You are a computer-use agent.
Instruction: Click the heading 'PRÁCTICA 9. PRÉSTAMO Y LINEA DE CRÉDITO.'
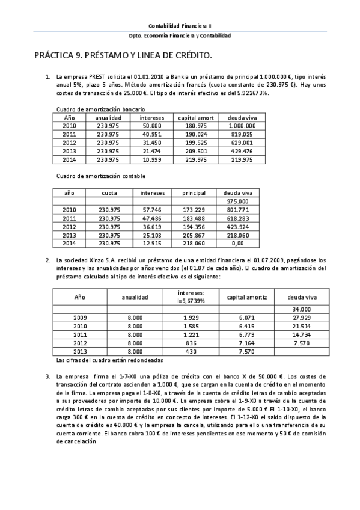click(123, 55)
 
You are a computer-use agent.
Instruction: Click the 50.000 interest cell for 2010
click(151, 126)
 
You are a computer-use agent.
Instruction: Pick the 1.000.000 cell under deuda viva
click(242, 126)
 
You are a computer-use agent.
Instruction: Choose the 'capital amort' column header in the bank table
click(197, 118)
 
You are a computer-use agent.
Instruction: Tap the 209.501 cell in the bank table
click(197, 151)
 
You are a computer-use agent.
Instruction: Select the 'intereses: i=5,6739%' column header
click(183, 296)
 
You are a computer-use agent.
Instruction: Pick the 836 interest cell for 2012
click(183, 342)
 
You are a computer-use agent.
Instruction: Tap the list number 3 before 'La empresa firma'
click(47, 376)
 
